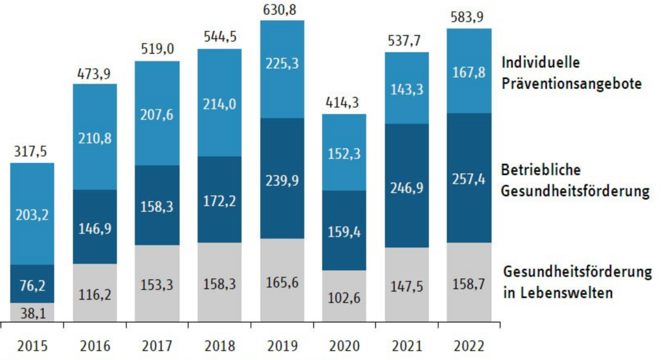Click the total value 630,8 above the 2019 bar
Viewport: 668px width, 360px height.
click(x=282, y=9)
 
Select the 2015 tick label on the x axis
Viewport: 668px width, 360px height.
click(x=32, y=346)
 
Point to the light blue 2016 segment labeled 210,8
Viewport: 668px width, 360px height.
click(x=94, y=138)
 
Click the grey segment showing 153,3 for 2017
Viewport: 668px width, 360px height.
click(x=157, y=285)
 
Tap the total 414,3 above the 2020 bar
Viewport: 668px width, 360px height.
click(x=344, y=103)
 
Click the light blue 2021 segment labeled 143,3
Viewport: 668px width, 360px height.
click(x=407, y=89)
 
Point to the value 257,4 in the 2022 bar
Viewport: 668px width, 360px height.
click(x=469, y=179)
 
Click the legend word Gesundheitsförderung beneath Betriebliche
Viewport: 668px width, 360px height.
click(x=576, y=191)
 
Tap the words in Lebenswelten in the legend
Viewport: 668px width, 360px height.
click(x=558, y=293)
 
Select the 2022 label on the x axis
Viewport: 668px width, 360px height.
click(x=469, y=346)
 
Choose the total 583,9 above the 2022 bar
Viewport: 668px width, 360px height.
click(x=469, y=17)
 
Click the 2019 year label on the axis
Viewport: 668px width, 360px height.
click(x=282, y=346)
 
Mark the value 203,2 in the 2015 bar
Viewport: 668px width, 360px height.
click(x=32, y=214)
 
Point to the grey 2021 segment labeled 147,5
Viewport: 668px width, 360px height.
click(x=407, y=286)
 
